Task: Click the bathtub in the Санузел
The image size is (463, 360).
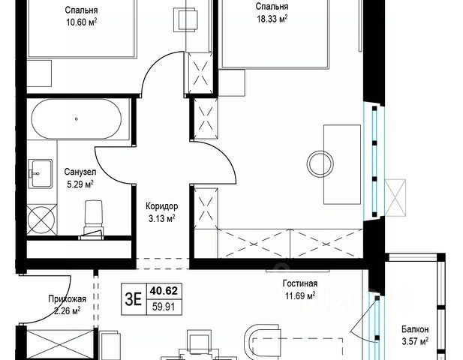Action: (77, 119)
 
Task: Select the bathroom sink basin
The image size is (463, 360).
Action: (41, 173)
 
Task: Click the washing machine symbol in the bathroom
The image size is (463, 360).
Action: (41, 220)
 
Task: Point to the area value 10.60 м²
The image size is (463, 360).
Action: (82, 22)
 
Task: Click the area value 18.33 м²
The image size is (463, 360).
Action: (272, 19)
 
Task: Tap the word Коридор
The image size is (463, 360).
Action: (162, 206)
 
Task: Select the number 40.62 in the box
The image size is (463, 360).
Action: (164, 291)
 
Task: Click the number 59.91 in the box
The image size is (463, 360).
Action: (164, 307)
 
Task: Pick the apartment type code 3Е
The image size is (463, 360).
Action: (134, 299)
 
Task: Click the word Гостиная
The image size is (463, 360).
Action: (300, 283)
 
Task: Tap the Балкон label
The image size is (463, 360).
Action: (415, 329)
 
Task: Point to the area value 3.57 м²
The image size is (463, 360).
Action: (415, 341)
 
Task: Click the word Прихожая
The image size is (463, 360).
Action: (68, 299)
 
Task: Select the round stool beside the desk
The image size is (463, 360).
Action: (320, 163)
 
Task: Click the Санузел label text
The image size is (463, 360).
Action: (80, 172)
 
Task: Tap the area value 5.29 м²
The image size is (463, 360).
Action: (80, 184)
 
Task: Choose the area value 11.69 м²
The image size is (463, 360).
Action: (300, 295)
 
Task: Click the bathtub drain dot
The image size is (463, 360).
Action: (77, 119)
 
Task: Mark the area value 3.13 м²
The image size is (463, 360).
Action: (162, 219)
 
